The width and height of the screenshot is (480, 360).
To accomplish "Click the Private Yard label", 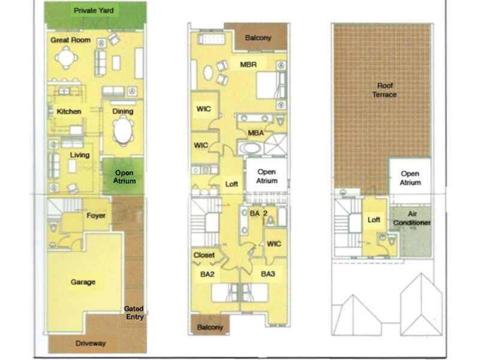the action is [x=94, y=10].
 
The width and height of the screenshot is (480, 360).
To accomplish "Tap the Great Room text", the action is [x=70, y=40].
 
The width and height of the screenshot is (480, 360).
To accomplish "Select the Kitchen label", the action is [x=69, y=112].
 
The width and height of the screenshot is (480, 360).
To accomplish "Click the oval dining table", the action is [x=123, y=131].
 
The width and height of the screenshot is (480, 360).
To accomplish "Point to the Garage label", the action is [x=83, y=282].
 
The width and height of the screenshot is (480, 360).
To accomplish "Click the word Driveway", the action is [x=91, y=343].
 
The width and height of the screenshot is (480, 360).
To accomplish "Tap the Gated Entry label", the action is [x=134, y=313].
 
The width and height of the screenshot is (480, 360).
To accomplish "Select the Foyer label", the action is [x=96, y=215].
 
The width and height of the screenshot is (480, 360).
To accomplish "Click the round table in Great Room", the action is [x=66, y=58].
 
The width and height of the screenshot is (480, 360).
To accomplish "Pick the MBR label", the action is [x=248, y=65].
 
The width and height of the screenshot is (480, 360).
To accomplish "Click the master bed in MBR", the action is [x=267, y=85].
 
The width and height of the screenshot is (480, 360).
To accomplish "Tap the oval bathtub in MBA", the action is [x=250, y=148].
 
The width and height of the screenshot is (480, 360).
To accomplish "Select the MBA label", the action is [x=256, y=133].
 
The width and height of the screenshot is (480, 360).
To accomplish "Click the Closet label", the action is [x=204, y=255].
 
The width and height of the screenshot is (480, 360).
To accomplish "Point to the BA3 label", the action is [x=268, y=274].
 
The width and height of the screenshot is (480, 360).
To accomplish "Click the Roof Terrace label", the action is [x=385, y=90].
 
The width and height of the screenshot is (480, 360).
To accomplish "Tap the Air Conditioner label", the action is [x=412, y=218].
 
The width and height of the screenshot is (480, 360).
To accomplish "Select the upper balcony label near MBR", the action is [x=258, y=38].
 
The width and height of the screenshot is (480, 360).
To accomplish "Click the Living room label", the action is [x=80, y=155].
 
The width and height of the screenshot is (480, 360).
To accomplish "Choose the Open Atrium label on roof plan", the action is [x=410, y=178].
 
